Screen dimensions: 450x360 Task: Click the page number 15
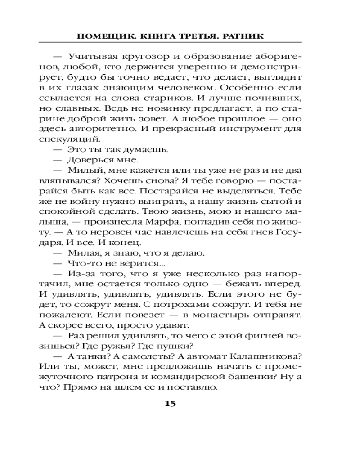(x=170, y=403)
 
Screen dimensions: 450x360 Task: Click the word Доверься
(x=88, y=160)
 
